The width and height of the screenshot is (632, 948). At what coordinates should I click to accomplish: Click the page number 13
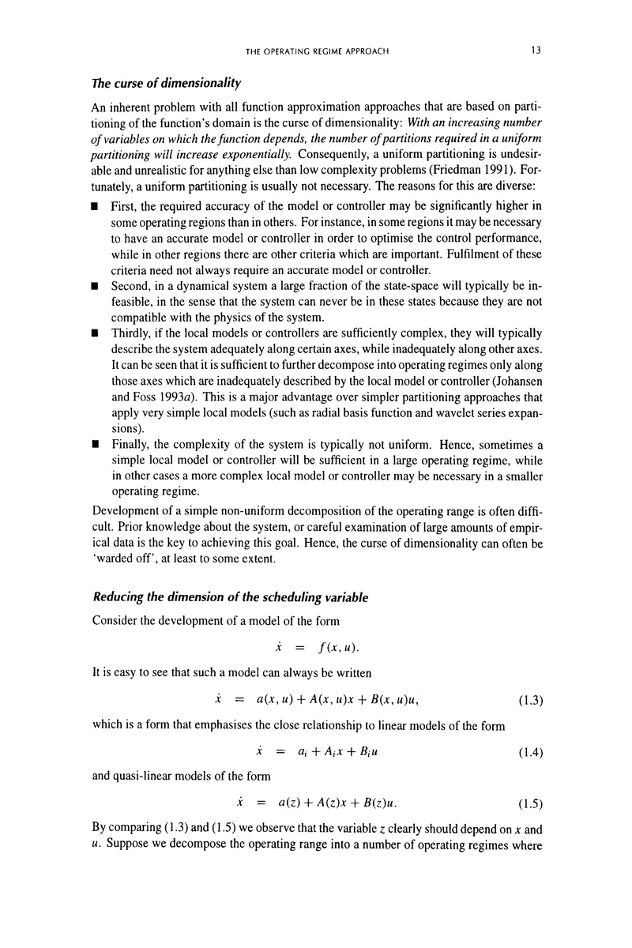tap(535, 51)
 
